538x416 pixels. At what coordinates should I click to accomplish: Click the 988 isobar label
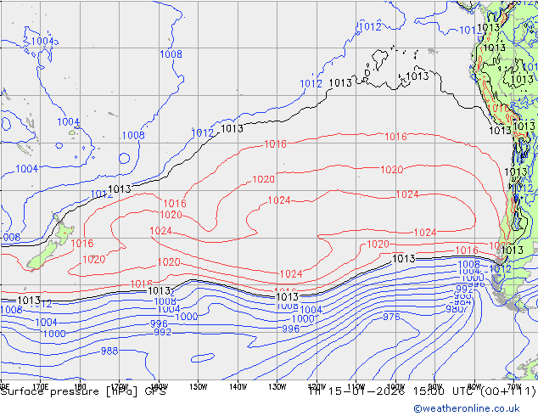click(x=109, y=351)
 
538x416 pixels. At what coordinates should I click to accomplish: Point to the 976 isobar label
click(x=391, y=317)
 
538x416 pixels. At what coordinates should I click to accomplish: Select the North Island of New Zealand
click(x=64, y=229)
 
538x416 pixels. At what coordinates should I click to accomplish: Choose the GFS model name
click(x=155, y=391)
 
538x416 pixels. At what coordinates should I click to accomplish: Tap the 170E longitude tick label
click(x=39, y=385)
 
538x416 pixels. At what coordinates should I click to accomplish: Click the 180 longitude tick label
click(x=80, y=385)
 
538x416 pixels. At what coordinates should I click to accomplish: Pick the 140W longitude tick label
click(x=238, y=385)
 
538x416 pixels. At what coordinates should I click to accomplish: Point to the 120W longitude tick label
click(x=317, y=385)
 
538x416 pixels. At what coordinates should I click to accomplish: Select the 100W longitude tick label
click(x=396, y=385)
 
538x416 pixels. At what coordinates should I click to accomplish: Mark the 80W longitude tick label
click(x=474, y=385)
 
